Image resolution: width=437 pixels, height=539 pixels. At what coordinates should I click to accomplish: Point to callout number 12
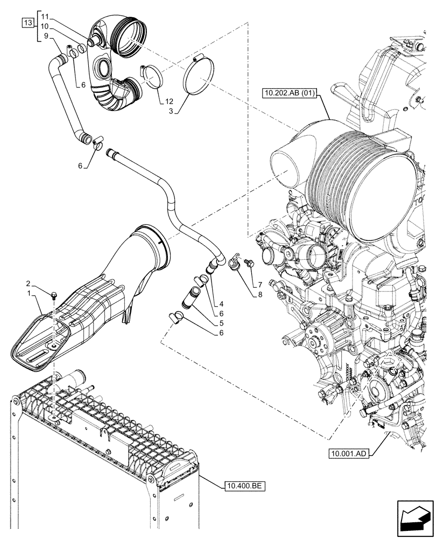170,101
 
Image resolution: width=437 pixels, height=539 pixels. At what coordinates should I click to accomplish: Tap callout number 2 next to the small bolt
29,283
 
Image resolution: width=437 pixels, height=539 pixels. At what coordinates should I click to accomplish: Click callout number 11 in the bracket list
44,17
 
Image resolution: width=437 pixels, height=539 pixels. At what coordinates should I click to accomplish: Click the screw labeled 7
249,264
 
